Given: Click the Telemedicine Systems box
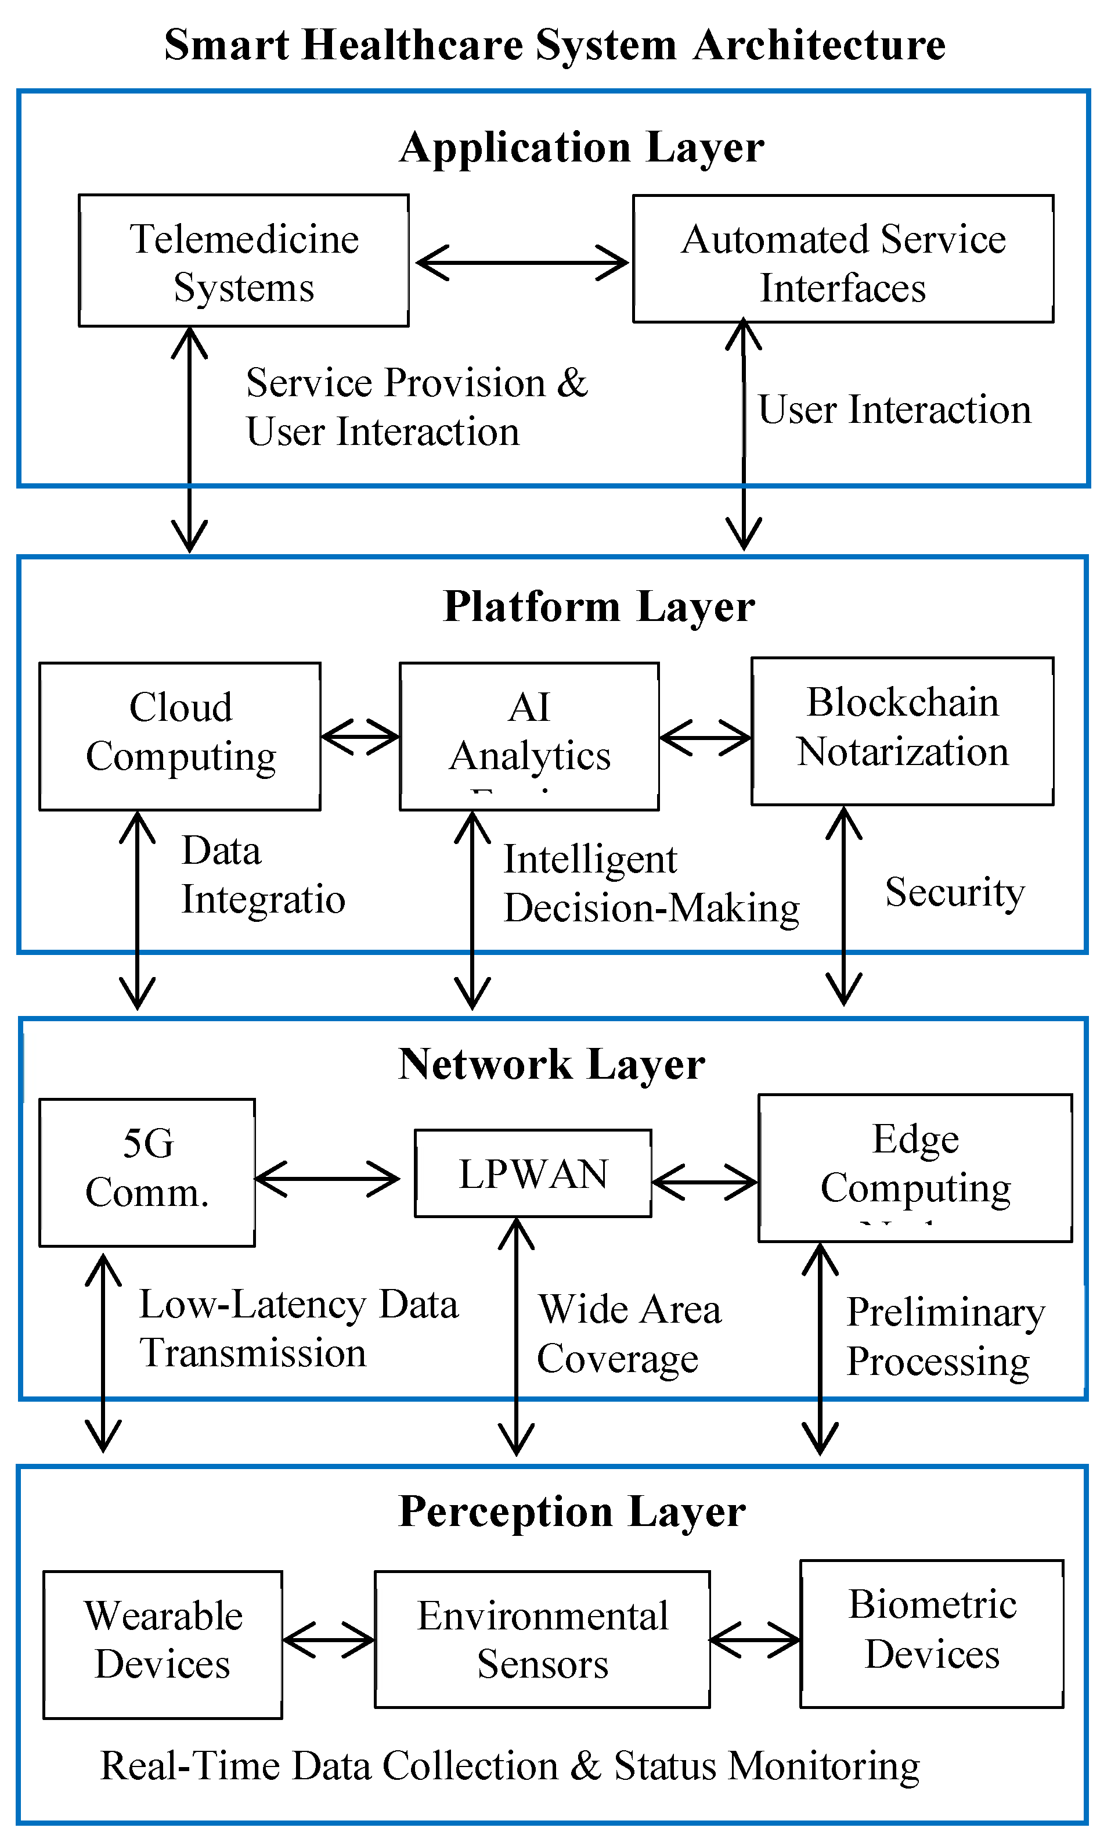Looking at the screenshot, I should [244, 261].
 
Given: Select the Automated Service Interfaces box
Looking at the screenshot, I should [843, 260].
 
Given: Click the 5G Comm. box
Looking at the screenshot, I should [147, 1172].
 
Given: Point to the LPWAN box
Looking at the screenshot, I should [533, 1173].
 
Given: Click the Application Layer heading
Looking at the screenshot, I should [581, 148].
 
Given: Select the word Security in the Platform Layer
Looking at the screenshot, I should [954, 892].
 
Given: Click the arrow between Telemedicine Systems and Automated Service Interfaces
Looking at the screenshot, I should [521, 263].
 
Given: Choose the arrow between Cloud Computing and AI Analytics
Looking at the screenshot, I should [360, 737].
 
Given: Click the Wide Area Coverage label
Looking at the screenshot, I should [629, 1334].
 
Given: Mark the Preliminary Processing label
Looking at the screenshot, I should [944, 1337].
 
